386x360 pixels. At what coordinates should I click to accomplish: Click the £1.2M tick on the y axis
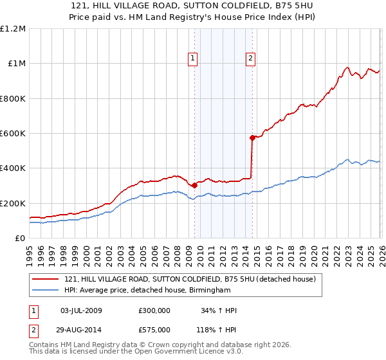[x=13, y=29]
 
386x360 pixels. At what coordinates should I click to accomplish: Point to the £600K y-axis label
[x=13, y=134]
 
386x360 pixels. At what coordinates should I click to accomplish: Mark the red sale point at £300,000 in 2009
[x=194, y=186]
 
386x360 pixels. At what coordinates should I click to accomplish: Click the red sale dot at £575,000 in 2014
[x=252, y=138]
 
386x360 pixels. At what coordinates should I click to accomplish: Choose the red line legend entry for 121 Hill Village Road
[x=190, y=280]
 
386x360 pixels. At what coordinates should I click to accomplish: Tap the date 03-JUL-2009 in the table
[x=81, y=310]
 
